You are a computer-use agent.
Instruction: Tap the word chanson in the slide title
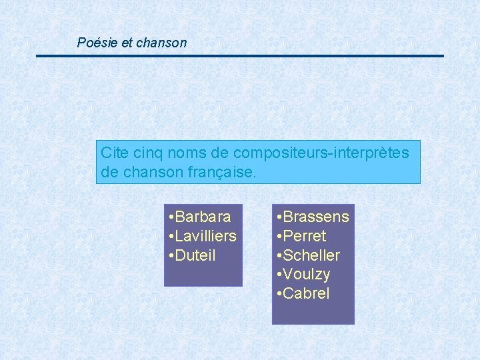click(x=161, y=43)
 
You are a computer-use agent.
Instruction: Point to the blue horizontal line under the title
click(x=240, y=56)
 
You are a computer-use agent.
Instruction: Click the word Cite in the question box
click(x=113, y=153)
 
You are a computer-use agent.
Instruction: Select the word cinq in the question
click(x=148, y=153)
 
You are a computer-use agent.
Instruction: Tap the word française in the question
click(x=220, y=172)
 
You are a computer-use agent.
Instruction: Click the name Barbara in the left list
click(x=204, y=217)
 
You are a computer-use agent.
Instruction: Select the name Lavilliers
click(x=207, y=236)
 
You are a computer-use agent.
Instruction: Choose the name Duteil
click(x=196, y=255)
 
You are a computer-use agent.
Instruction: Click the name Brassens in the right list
click(x=316, y=217)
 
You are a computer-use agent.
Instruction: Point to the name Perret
click(x=305, y=236)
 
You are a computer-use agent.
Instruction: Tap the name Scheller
click(x=311, y=255)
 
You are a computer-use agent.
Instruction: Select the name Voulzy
click(x=307, y=275)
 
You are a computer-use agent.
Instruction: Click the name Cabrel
click(x=306, y=294)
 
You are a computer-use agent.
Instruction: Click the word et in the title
click(x=127, y=43)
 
